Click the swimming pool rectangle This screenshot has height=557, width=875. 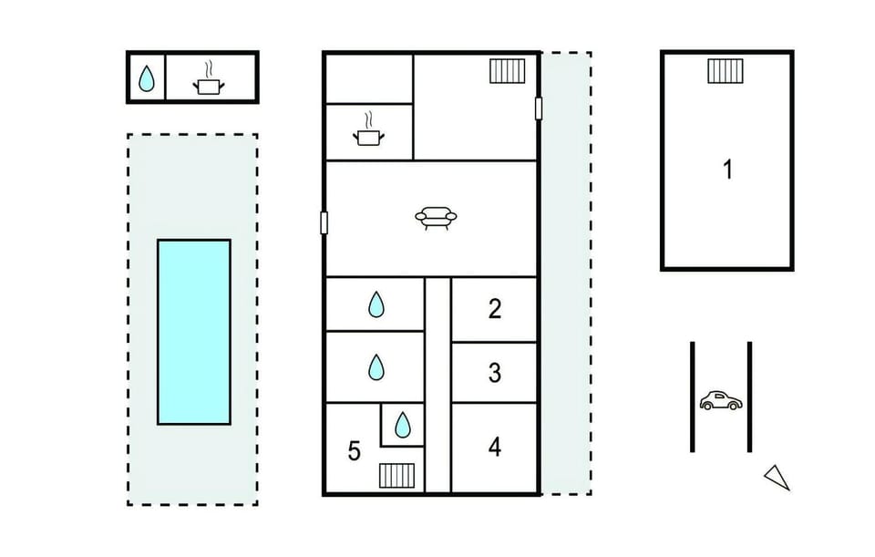pos(194,332)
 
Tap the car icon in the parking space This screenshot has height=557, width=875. pos(721,400)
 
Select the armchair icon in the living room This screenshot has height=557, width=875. pos(436,218)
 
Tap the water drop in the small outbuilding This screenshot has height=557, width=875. pos(146,78)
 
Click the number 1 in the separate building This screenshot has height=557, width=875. pos(727,169)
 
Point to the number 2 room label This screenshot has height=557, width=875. pos(494,309)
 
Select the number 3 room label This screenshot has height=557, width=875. pos(494,373)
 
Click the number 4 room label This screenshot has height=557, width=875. pos(494,447)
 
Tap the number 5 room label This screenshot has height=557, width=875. pos(355,451)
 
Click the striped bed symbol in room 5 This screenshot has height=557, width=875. pos(396,476)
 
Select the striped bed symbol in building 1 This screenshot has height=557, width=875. pos(726,71)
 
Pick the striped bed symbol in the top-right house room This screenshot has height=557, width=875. pos(508,71)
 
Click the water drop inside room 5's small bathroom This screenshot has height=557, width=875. pos(402,425)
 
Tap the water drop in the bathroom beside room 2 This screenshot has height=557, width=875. pos(376,304)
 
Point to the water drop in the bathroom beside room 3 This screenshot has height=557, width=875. pos(376,367)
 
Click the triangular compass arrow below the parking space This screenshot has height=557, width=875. pos(777,478)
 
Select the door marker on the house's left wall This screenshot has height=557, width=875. pos(324,222)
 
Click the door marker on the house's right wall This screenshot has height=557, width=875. pos(539,108)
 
